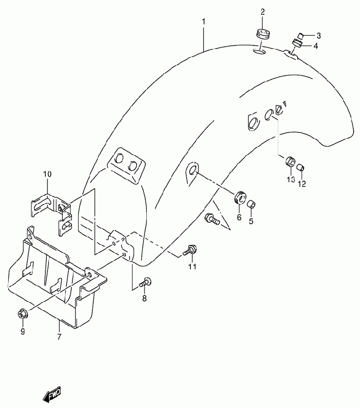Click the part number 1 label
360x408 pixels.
point(203,22)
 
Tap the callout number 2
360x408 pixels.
point(263,12)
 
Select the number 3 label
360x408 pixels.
point(318,36)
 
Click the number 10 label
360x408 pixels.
point(47,174)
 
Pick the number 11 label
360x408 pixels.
point(192,266)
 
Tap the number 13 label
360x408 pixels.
point(290,180)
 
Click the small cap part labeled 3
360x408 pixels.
point(301,35)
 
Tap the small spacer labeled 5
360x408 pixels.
point(251,205)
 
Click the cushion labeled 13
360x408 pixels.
point(290,162)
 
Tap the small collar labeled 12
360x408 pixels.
point(301,167)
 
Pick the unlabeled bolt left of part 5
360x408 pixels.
point(211,219)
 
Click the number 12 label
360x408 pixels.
point(302,184)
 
